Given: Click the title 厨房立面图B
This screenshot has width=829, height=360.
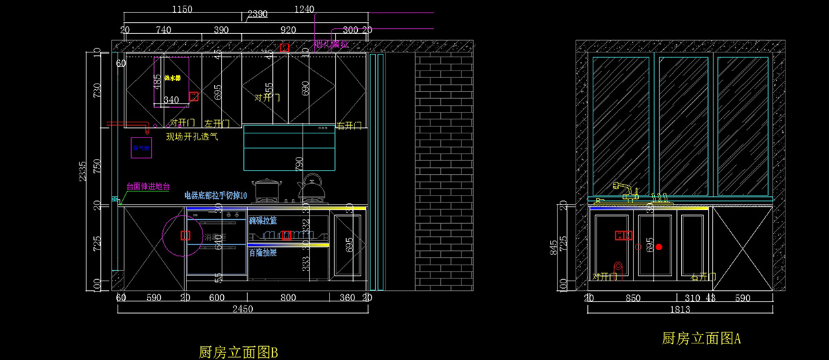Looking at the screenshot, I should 238,352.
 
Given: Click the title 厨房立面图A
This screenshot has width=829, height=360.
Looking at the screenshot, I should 701,339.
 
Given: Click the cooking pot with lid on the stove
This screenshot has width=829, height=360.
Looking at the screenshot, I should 265,190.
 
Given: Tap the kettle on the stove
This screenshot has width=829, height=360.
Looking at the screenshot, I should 312,187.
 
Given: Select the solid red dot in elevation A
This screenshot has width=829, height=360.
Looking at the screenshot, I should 659,247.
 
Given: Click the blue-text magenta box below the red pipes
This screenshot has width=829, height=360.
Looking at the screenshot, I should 142,148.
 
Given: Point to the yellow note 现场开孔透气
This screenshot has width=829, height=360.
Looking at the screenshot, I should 192,137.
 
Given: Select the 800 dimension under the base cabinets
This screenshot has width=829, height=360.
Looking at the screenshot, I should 289,298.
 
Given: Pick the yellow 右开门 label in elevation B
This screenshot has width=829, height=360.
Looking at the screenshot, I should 350,126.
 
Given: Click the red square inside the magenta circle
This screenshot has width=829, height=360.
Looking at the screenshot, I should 185,235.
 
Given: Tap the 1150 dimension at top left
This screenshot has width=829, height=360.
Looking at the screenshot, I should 182,10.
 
